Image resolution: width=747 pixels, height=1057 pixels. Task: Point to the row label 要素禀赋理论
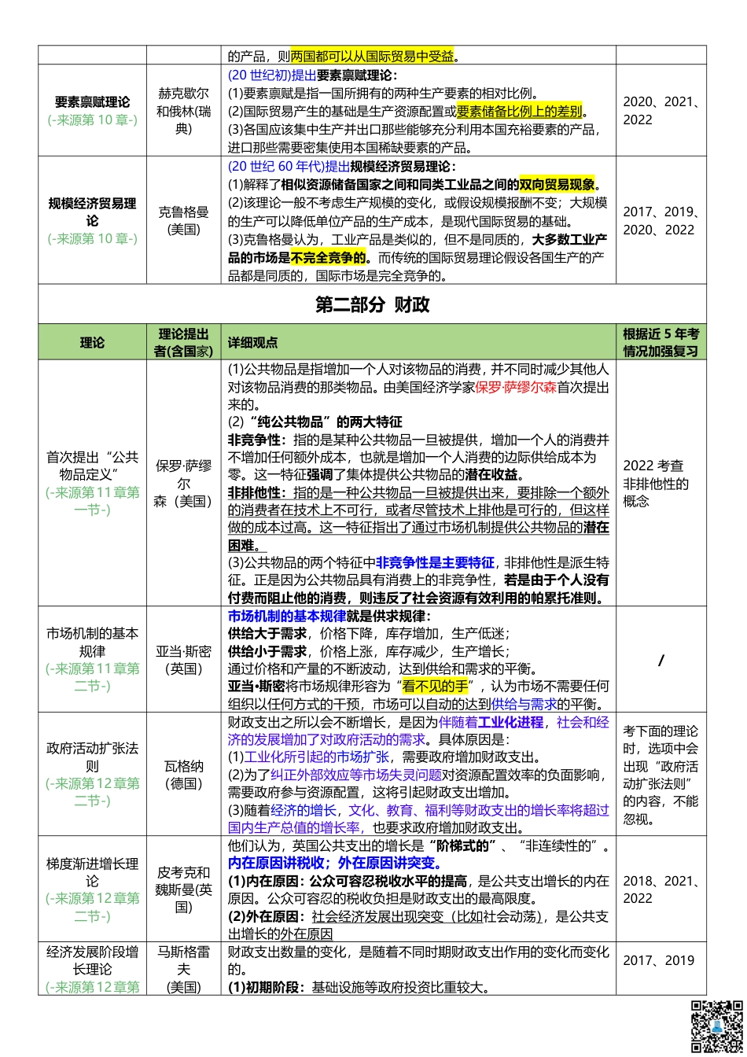point(92,102)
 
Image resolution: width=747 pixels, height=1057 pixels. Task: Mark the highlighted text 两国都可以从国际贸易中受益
point(372,56)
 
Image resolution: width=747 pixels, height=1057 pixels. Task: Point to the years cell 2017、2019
point(659,960)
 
